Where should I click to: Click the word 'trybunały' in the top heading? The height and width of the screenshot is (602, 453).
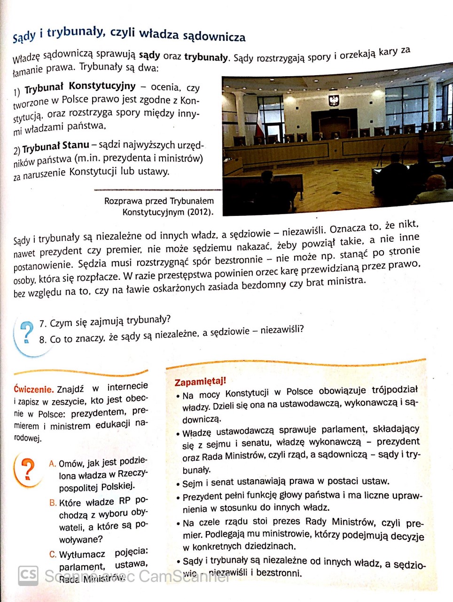(75, 33)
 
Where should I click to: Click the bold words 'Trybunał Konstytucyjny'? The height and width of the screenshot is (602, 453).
(80, 87)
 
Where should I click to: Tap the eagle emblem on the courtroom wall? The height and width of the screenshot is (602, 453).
(334, 100)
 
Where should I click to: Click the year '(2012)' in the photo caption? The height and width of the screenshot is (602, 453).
(200, 212)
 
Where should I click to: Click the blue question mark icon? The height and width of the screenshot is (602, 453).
(27, 333)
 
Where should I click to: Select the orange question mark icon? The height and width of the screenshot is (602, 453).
(28, 469)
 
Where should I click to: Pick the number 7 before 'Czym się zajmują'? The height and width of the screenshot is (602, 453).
(42, 324)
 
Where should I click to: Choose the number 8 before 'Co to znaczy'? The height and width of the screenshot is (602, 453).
(42, 340)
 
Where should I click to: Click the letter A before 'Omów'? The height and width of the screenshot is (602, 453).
(52, 464)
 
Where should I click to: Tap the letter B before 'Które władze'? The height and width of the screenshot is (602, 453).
(53, 503)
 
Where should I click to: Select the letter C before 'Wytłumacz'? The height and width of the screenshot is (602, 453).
(53, 554)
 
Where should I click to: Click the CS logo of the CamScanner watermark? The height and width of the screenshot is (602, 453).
(28, 575)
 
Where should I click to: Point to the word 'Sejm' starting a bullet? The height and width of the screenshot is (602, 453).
(192, 483)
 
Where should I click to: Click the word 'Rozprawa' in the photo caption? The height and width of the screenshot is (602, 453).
(124, 201)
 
